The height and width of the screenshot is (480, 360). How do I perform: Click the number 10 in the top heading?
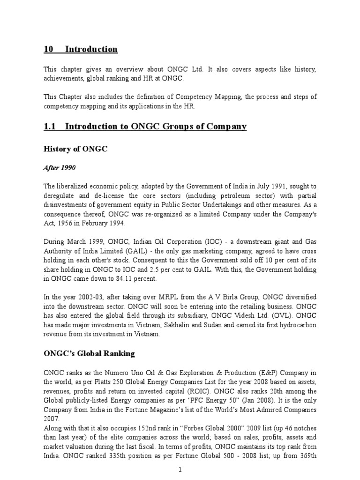tap(49, 49)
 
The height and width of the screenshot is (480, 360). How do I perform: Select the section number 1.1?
tap(49, 127)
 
